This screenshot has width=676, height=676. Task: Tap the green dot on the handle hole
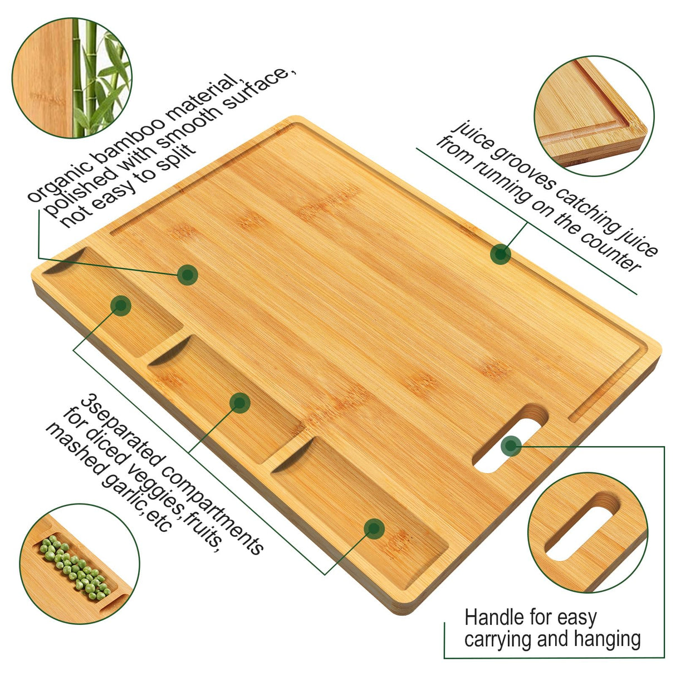pos(511,445)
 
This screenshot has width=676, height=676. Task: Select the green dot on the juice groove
pos(501,254)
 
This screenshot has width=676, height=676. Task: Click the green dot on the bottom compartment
pos(375,528)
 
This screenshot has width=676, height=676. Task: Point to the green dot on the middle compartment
pos(239,403)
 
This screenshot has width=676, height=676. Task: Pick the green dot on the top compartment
pos(121,305)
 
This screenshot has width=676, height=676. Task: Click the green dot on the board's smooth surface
pos(188,274)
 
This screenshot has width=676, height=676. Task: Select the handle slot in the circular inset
pos(582,526)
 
